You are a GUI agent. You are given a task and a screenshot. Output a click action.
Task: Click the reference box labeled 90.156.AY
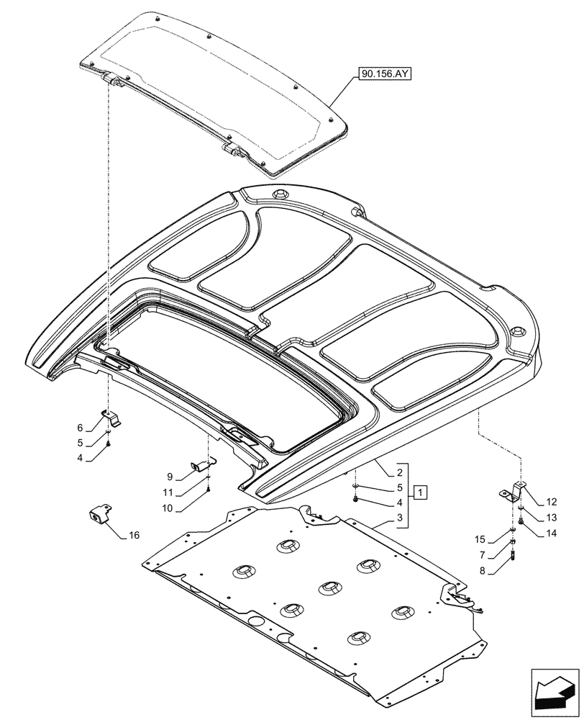click(381, 73)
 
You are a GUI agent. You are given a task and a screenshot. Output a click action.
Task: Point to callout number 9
click(170, 477)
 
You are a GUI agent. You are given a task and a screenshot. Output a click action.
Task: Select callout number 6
click(81, 427)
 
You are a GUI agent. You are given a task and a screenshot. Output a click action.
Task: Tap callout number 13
click(551, 518)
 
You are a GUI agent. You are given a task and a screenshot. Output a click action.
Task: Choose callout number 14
click(551, 534)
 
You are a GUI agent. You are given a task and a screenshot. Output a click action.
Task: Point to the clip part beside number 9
click(202, 464)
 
